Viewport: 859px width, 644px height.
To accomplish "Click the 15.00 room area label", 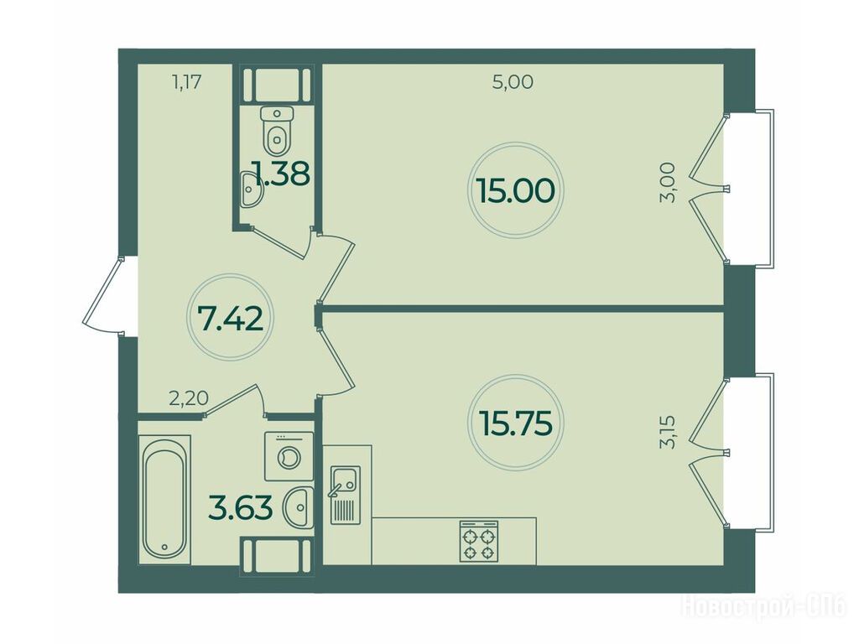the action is (516, 190).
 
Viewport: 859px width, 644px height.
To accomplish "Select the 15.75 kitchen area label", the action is (515, 423).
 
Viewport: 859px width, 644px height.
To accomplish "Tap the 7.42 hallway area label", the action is (231, 319).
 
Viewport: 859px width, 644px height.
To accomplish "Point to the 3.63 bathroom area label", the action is (241, 507).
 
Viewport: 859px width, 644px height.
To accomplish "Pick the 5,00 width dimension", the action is (513, 82).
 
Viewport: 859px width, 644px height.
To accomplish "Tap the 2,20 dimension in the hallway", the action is (189, 398).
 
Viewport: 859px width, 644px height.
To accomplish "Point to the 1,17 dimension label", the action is (187, 83).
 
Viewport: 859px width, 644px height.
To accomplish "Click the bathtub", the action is (165, 500).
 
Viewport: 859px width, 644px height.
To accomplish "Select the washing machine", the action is (289, 456).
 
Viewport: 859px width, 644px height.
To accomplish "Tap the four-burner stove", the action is (479, 541).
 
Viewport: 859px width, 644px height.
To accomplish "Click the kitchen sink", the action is (345, 495).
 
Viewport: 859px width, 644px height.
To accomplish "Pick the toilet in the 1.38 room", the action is (278, 131).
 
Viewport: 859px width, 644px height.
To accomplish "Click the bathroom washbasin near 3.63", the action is (299, 507).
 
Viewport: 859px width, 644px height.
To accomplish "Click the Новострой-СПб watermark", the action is (763, 607).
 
